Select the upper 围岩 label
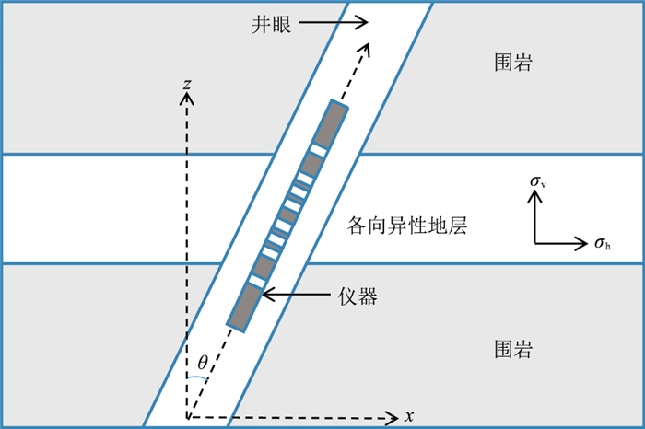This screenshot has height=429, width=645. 513,64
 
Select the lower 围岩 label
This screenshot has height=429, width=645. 513,351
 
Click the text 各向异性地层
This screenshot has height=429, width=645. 406,224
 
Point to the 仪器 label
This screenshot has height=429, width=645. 357,296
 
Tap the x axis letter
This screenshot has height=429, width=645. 409,417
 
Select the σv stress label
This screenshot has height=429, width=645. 538,181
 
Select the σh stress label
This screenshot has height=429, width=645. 603,244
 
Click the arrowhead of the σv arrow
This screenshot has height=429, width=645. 535,199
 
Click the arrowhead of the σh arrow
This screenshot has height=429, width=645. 583,244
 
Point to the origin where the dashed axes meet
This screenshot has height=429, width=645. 187,417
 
